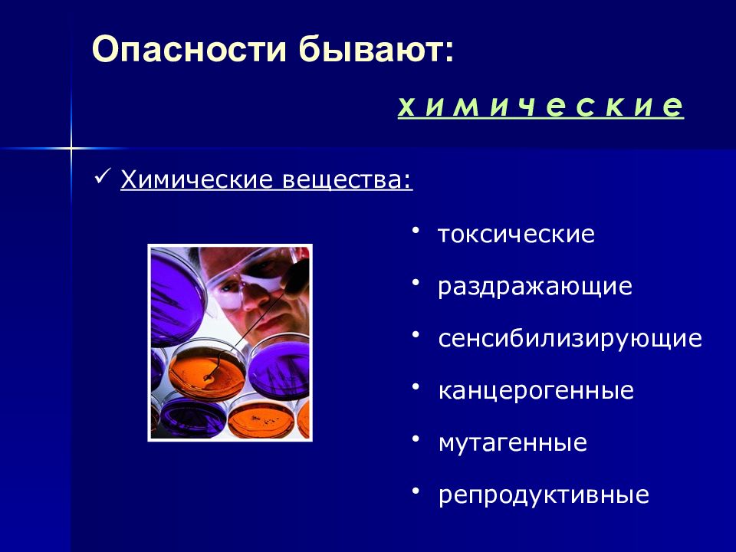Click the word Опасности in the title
(x=189, y=49)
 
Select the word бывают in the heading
(x=376, y=49)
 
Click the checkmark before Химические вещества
(x=102, y=177)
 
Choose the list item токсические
(x=516, y=233)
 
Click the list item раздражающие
(x=535, y=286)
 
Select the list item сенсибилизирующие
(x=570, y=339)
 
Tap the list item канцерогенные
(x=536, y=390)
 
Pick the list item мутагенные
(x=513, y=442)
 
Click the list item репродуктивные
(x=544, y=495)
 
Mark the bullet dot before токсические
(x=415, y=231)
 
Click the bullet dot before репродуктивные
(x=415, y=491)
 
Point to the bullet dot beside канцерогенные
(x=415, y=387)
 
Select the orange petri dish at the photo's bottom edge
(x=261, y=419)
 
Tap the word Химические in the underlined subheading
(x=197, y=179)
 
